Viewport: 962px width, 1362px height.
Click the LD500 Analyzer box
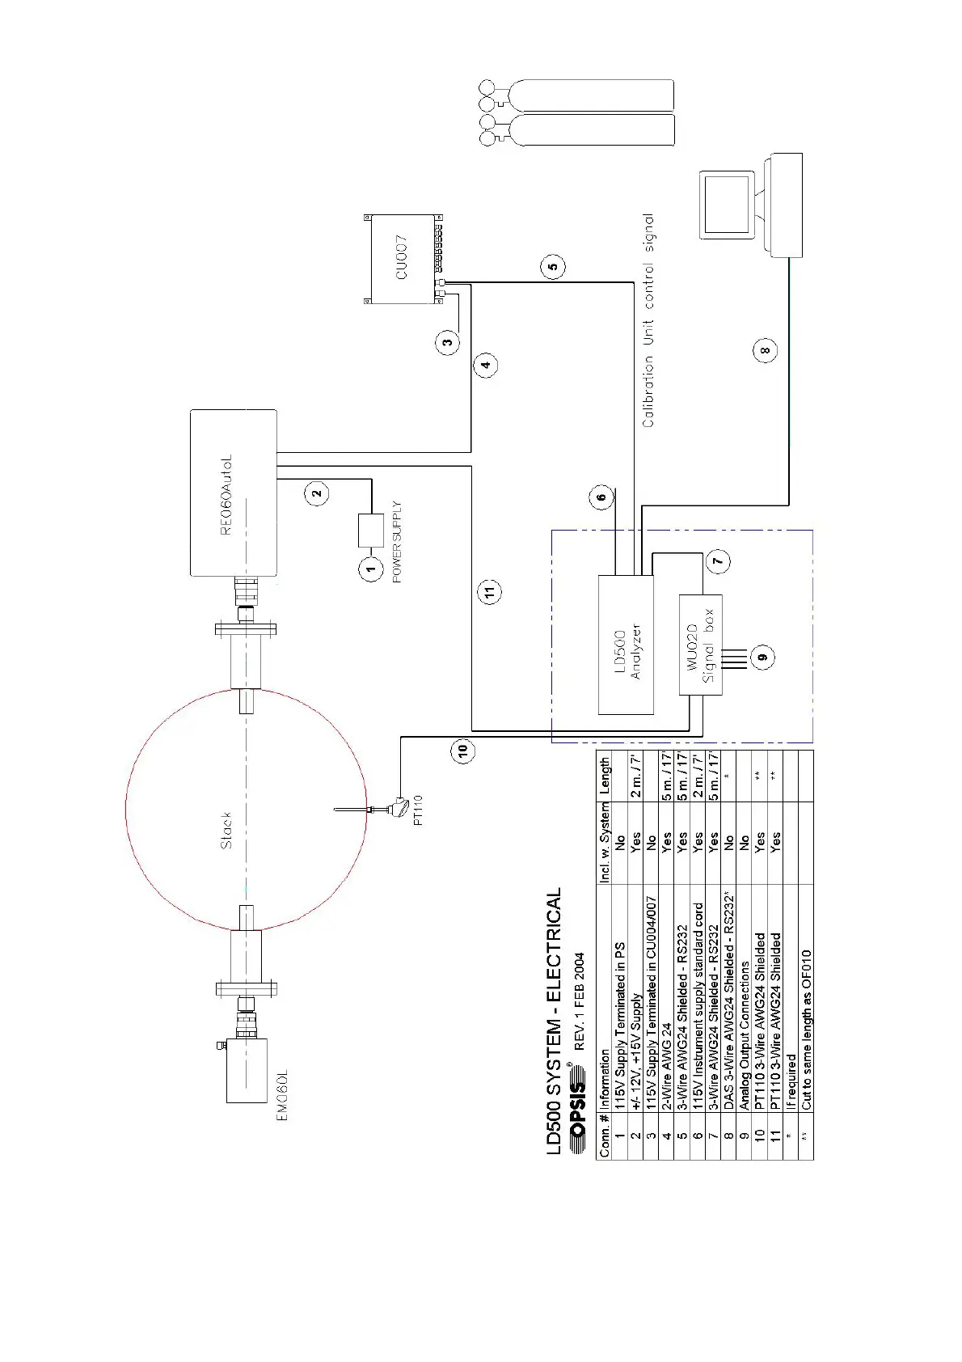(626, 645)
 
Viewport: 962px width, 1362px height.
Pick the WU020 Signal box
(700, 645)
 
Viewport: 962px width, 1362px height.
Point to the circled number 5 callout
(552, 266)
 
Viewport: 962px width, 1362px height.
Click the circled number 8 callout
(765, 350)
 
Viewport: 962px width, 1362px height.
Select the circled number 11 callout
(490, 591)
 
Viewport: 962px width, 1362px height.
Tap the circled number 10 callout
(462, 751)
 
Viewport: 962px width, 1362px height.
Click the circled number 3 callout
(448, 342)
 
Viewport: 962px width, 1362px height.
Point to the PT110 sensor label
(418, 810)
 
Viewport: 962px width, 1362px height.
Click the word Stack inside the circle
(226, 830)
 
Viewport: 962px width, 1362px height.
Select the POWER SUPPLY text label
(397, 542)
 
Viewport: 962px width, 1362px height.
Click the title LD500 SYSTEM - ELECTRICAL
(555, 1022)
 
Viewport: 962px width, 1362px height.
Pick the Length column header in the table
(605, 776)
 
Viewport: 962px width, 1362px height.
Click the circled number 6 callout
(601, 497)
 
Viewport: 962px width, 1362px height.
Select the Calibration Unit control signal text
(648, 320)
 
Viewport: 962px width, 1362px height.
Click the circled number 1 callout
(371, 569)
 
